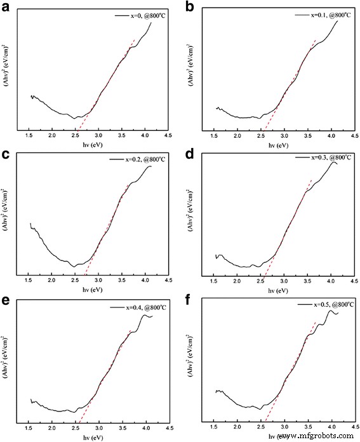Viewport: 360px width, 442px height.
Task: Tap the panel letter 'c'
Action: click(5, 154)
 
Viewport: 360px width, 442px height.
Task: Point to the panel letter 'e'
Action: click(5, 300)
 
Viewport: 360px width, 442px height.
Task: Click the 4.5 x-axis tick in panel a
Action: click(168, 135)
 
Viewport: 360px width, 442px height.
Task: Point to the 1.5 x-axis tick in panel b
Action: click(214, 135)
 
